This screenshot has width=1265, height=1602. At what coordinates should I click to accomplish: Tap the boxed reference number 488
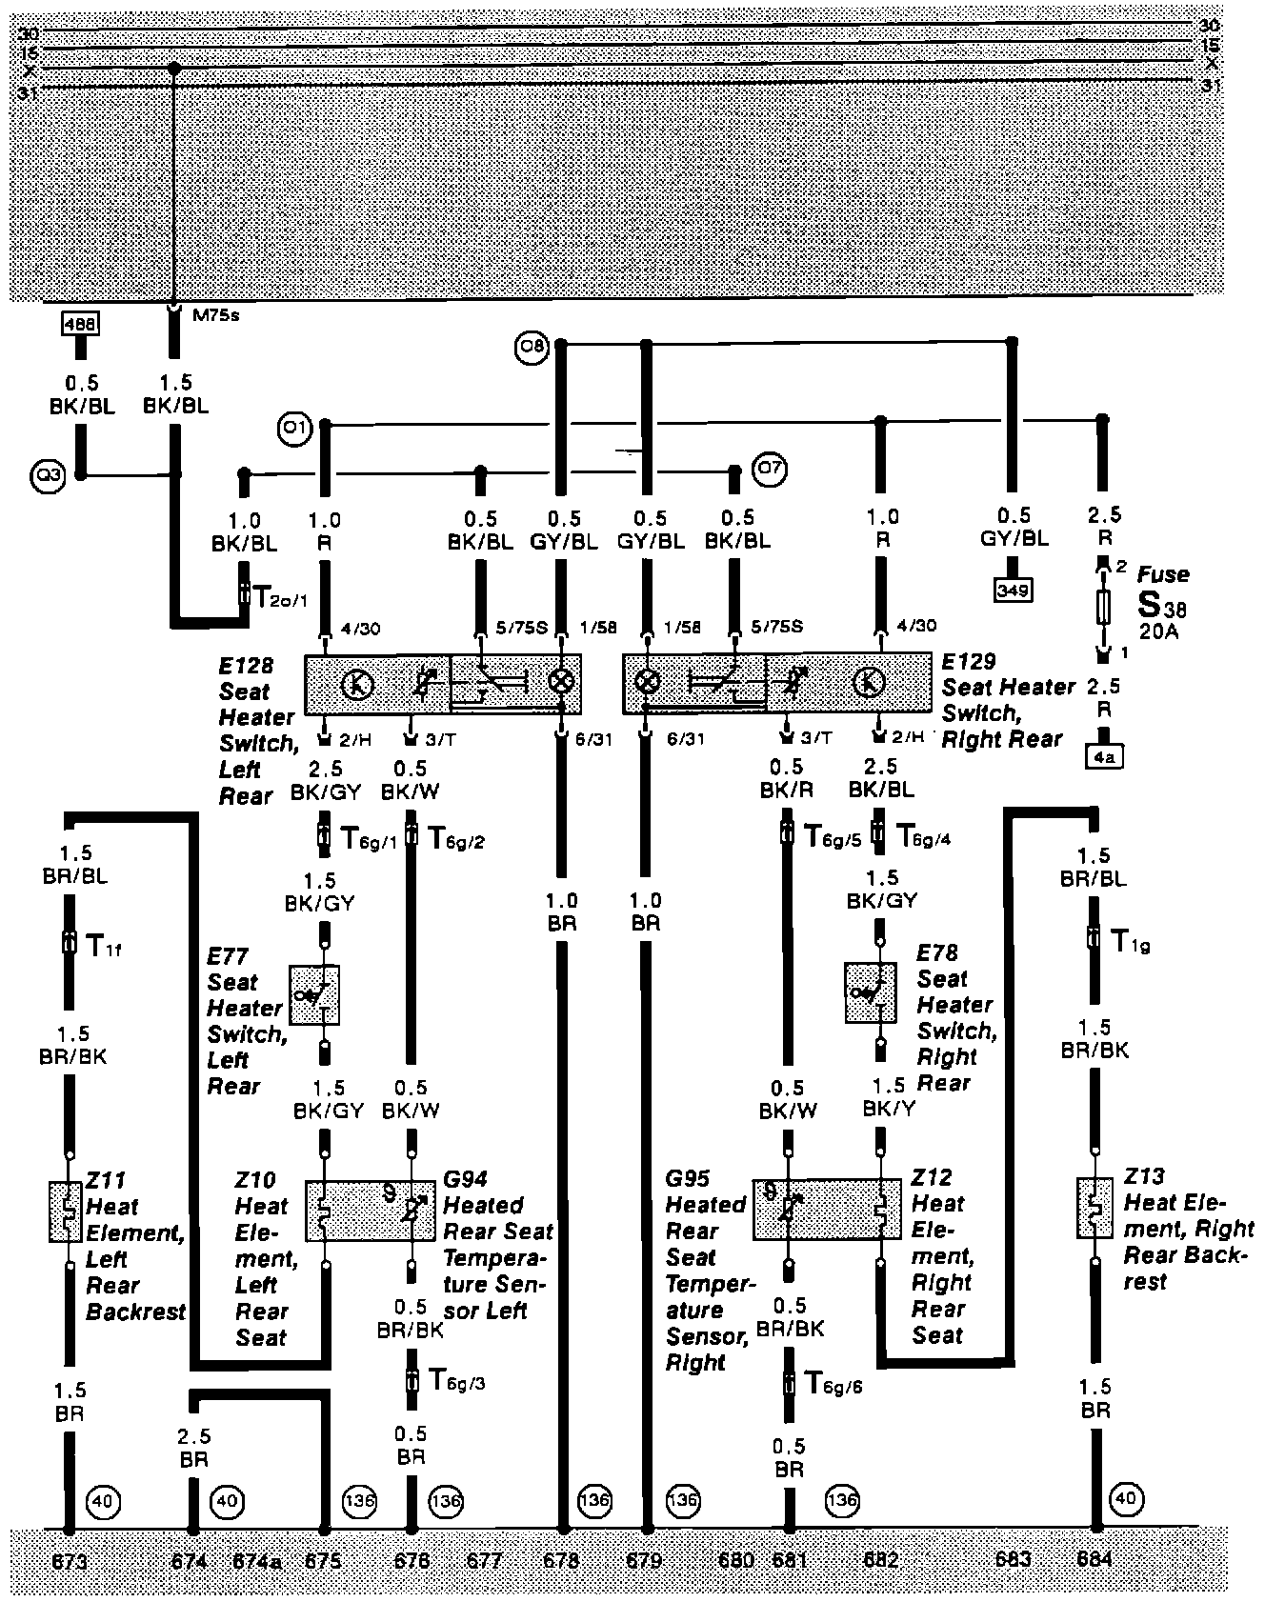pyautogui.click(x=79, y=325)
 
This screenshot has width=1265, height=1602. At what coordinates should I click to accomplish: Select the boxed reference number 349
pyautogui.click(x=1013, y=591)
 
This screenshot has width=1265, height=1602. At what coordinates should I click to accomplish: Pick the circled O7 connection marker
pyautogui.click(x=770, y=469)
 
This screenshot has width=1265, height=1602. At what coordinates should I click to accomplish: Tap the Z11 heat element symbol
pyautogui.click(x=66, y=1212)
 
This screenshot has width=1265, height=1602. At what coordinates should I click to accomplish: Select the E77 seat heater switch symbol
pyautogui.click(x=315, y=995)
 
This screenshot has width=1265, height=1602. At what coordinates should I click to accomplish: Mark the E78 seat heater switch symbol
pyautogui.click(x=871, y=993)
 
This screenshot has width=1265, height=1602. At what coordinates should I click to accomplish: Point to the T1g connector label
pyautogui.click(x=1134, y=942)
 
